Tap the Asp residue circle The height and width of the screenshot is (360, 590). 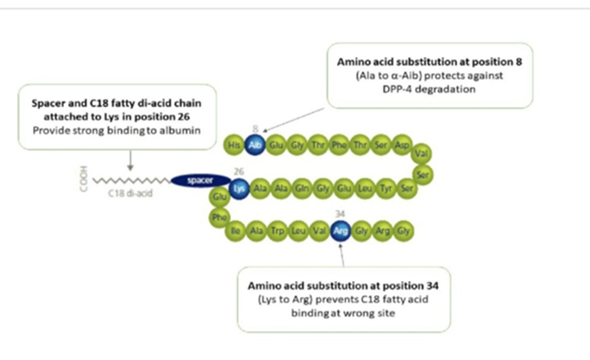tap(403, 144)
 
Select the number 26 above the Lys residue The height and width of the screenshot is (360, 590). tap(239, 172)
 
